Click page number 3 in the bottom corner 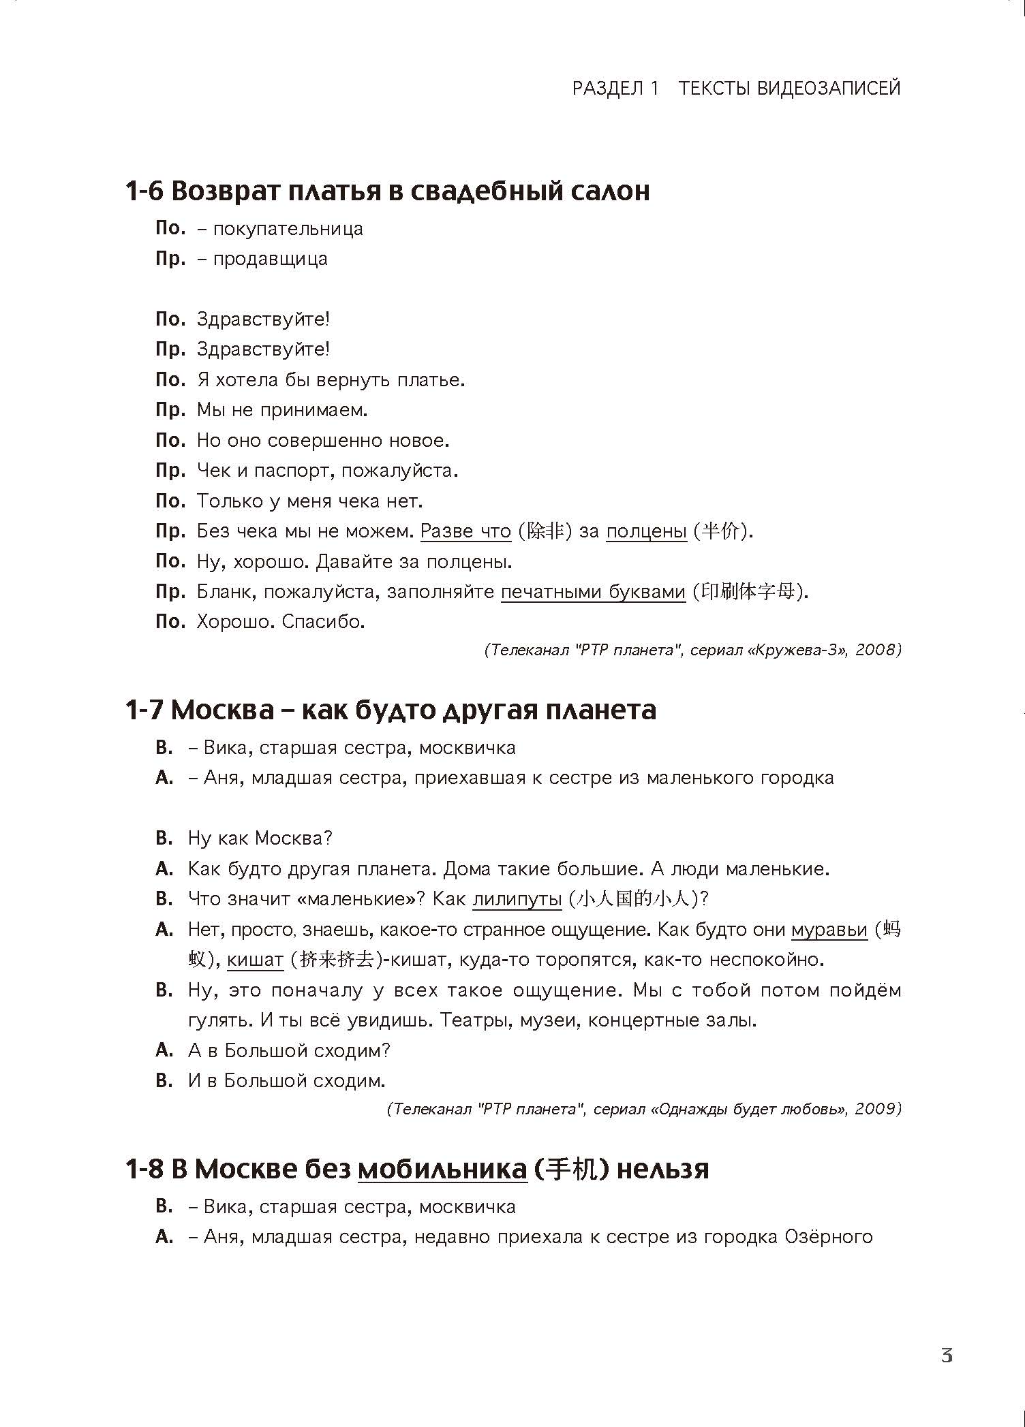coord(947,1355)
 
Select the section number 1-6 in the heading coord(144,191)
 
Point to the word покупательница coord(288,229)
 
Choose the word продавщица coord(270,259)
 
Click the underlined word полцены coord(646,531)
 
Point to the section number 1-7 coord(144,710)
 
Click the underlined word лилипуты coord(517,899)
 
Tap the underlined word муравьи coord(829,930)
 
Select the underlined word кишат coord(255,960)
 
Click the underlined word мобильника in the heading coord(442,1170)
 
